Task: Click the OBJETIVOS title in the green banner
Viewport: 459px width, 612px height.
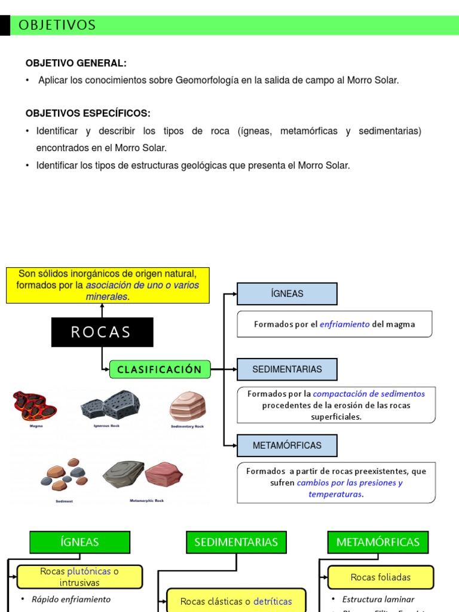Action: tap(57, 25)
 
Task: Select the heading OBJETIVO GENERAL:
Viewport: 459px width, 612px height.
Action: tap(76, 63)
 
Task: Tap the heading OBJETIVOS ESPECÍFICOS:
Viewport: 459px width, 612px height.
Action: tap(88, 114)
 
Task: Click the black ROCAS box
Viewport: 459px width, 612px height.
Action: tap(102, 332)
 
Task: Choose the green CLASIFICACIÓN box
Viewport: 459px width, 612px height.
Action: tap(160, 369)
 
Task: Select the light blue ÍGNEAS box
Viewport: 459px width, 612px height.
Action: tap(287, 293)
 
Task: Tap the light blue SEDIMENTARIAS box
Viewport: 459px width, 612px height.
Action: tap(287, 369)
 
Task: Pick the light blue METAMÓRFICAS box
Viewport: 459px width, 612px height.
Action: tap(287, 445)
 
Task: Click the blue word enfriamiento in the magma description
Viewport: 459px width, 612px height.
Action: tap(344, 325)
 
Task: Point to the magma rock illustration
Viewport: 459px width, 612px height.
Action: tap(35, 406)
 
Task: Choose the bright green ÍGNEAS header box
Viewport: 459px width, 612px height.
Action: tap(79, 542)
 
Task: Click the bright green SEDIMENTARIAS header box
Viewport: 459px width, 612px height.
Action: tap(236, 542)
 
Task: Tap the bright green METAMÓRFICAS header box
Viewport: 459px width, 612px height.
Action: tap(378, 542)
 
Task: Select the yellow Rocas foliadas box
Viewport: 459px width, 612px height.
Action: tap(381, 577)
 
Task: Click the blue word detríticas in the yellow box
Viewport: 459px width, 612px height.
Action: tap(273, 602)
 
